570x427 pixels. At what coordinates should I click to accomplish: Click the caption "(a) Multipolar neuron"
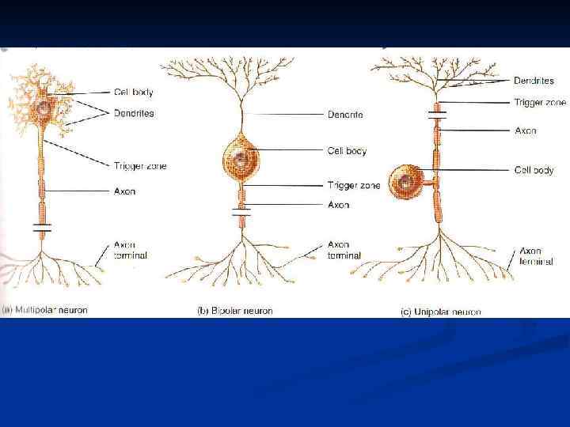point(44,310)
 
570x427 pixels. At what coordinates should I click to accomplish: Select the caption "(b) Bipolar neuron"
point(234,311)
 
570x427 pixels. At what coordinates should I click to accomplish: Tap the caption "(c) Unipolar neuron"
point(440,312)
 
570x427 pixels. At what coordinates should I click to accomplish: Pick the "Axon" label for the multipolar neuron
point(125,191)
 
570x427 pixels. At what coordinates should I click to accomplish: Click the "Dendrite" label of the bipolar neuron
point(345,115)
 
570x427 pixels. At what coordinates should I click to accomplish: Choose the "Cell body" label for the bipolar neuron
point(347,150)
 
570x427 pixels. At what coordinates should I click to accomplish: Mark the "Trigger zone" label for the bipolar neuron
point(353,186)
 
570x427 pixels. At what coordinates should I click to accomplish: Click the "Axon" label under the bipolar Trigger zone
point(339,205)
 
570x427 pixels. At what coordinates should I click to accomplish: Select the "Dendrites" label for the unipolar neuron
point(534,80)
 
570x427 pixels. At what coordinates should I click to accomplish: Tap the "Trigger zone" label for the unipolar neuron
point(540,102)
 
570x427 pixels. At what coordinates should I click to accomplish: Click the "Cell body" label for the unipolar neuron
point(534,170)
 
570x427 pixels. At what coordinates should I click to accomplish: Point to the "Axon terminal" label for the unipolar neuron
point(536,255)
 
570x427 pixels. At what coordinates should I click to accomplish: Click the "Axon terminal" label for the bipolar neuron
point(344,250)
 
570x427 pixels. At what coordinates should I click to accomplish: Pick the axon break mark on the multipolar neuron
point(42,228)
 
